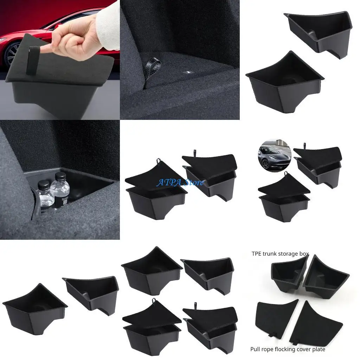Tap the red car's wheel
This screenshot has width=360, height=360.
(10, 53)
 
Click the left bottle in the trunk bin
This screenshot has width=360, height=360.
(45, 195)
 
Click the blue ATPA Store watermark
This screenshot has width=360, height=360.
(180, 182)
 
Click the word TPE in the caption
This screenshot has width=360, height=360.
(256, 253)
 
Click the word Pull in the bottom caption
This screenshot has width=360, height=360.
(255, 349)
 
